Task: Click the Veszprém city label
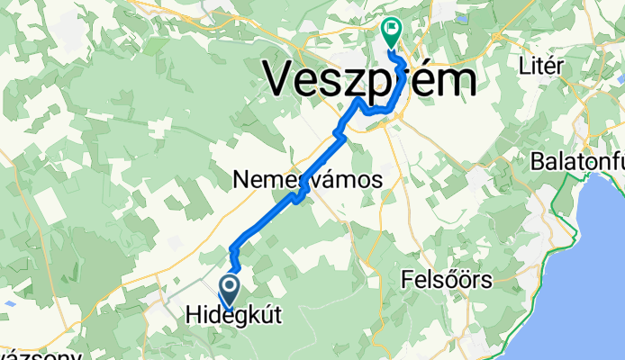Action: point(369,81)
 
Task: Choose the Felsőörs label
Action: point(448,281)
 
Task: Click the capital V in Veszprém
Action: point(282,81)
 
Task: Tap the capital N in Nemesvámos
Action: point(240,180)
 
